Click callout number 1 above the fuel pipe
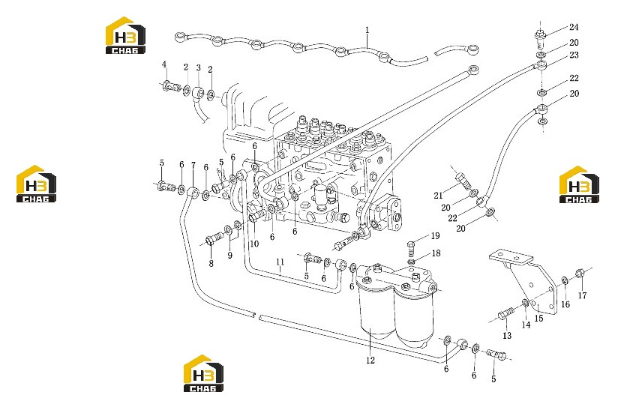pyautogui.click(x=367, y=30)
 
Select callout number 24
pyautogui.click(x=574, y=27)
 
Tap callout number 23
pyautogui.click(x=574, y=55)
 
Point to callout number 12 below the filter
pyautogui.click(x=370, y=361)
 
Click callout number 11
pyautogui.click(x=280, y=262)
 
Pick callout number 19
pyautogui.click(x=435, y=236)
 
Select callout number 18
pyautogui.click(x=436, y=253)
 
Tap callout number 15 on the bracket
pyautogui.click(x=538, y=319)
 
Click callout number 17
pyautogui.click(x=582, y=295)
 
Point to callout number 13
pyautogui.click(x=507, y=336)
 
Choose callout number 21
pyautogui.click(x=438, y=196)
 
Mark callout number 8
pyautogui.click(x=211, y=264)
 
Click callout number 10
pyautogui.click(x=254, y=244)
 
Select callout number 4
pyautogui.click(x=164, y=64)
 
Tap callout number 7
pyautogui.click(x=193, y=166)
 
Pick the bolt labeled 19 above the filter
pyautogui.click(x=411, y=247)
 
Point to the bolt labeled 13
pyautogui.click(x=505, y=315)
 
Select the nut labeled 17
pyautogui.click(x=580, y=272)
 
